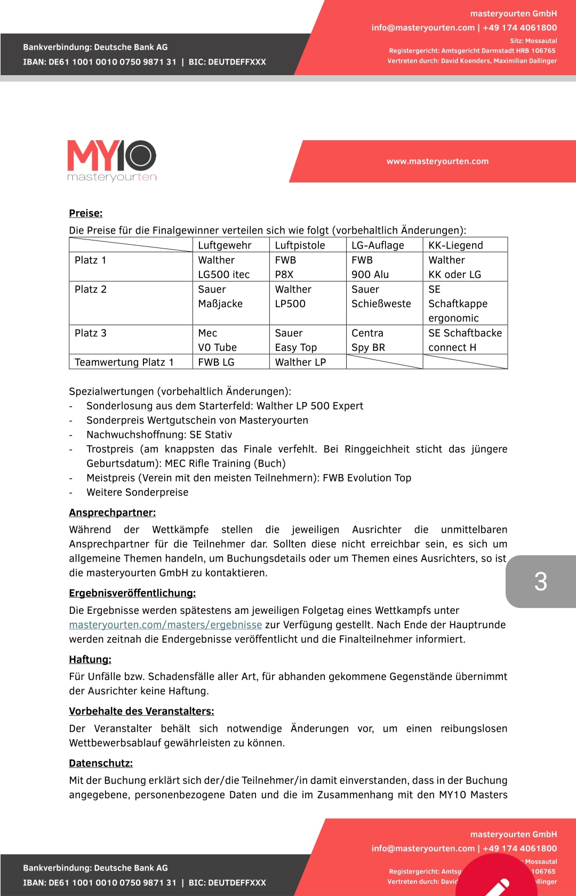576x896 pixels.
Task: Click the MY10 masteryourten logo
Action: point(112,160)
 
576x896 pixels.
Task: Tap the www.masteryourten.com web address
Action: point(437,161)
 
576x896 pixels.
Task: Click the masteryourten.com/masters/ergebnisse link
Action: point(165,625)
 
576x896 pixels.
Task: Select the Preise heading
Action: point(85,213)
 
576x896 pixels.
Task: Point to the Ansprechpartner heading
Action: point(112,513)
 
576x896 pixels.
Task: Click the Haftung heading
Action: point(90,659)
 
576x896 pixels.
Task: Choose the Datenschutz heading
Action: point(101,763)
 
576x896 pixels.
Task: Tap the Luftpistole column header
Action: point(300,245)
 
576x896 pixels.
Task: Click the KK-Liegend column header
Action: point(455,245)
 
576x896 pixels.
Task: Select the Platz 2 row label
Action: point(91,289)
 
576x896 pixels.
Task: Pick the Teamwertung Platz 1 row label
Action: point(124,362)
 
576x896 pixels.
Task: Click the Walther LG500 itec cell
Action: point(224,267)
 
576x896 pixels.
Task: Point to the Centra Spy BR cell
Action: point(368,340)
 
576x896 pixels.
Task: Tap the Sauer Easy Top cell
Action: point(296,340)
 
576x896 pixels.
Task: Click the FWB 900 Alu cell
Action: point(370,267)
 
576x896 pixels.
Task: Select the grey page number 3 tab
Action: point(540,581)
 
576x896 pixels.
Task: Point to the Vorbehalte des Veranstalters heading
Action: point(141,711)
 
